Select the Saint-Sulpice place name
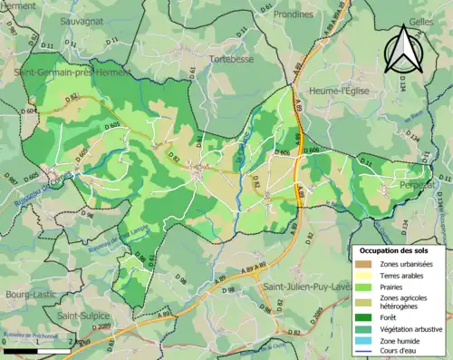(x=82, y=315)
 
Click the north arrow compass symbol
(x=403, y=50)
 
